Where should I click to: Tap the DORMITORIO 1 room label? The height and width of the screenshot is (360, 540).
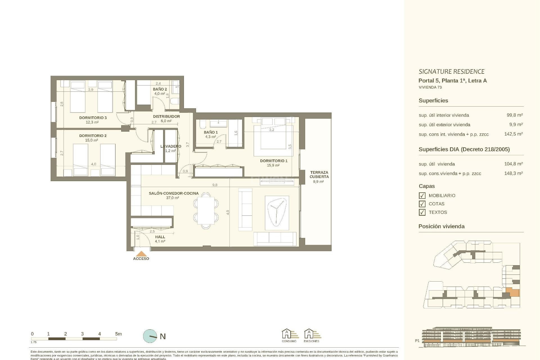[x=273, y=161]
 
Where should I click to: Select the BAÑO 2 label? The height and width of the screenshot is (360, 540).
[x=160, y=89]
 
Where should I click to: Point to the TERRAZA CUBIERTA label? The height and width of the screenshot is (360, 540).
[x=319, y=175]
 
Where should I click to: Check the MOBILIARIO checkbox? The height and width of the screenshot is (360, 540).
[x=422, y=195]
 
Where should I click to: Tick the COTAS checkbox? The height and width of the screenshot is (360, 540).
[x=422, y=204]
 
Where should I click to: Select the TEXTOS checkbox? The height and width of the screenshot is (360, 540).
[x=422, y=212]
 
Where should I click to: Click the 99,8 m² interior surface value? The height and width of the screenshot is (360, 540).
[x=514, y=115]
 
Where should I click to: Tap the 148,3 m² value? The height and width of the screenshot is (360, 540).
[x=513, y=173]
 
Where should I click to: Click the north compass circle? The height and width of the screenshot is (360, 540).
[x=150, y=336]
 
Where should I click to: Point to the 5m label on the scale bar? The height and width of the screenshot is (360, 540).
[x=118, y=334]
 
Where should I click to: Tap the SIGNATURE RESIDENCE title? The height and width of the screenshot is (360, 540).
[x=451, y=71]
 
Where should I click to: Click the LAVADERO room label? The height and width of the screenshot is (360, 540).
[x=171, y=146]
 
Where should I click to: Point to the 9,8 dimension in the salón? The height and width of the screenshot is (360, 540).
[x=215, y=185]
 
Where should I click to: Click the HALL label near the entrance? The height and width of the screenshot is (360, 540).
[x=160, y=237]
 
